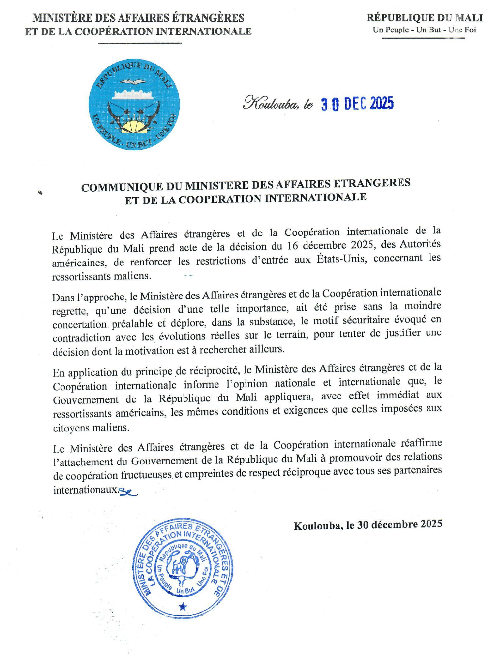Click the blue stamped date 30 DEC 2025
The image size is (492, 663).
tap(357, 103)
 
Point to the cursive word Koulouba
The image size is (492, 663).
tap(270, 103)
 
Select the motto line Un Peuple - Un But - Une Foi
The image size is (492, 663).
tap(424, 30)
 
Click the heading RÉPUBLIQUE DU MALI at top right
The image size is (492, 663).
tap(424, 18)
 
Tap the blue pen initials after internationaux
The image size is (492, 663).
tap(128, 491)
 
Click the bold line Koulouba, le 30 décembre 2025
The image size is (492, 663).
tap(368, 525)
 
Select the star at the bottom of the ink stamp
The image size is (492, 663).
tap(183, 606)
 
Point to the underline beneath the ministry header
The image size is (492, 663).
tap(140, 43)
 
